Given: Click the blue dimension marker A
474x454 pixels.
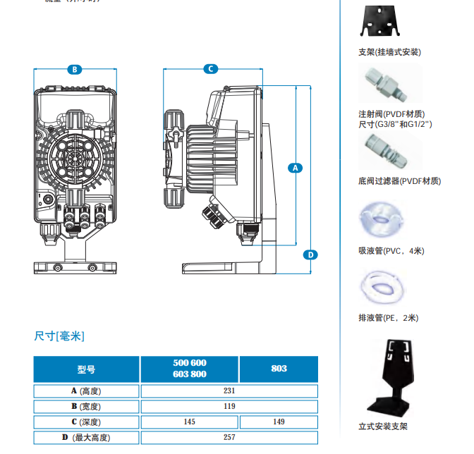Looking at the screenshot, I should [x=296, y=168].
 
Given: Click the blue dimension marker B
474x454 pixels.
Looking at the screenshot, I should [x=73, y=69].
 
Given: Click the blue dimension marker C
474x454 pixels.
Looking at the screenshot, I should [x=210, y=69].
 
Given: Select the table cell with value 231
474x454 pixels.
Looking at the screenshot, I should [x=229, y=391].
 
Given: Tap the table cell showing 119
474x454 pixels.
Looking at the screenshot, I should [x=229, y=406].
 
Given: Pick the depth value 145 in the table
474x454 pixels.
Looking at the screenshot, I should [x=190, y=422].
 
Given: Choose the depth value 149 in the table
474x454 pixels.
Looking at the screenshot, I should [x=279, y=422].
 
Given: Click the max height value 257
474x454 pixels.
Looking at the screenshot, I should [x=229, y=437].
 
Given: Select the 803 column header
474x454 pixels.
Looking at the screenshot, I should [x=279, y=369].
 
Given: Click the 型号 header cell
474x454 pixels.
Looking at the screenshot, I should [x=87, y=369].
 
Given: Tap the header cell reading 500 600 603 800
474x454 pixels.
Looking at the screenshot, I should [x=190, y=369].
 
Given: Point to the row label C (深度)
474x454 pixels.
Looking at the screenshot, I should [x=87, y=422].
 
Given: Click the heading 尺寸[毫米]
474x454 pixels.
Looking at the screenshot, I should [x=59, y=336].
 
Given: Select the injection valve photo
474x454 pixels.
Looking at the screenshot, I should [x=380, y=85].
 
